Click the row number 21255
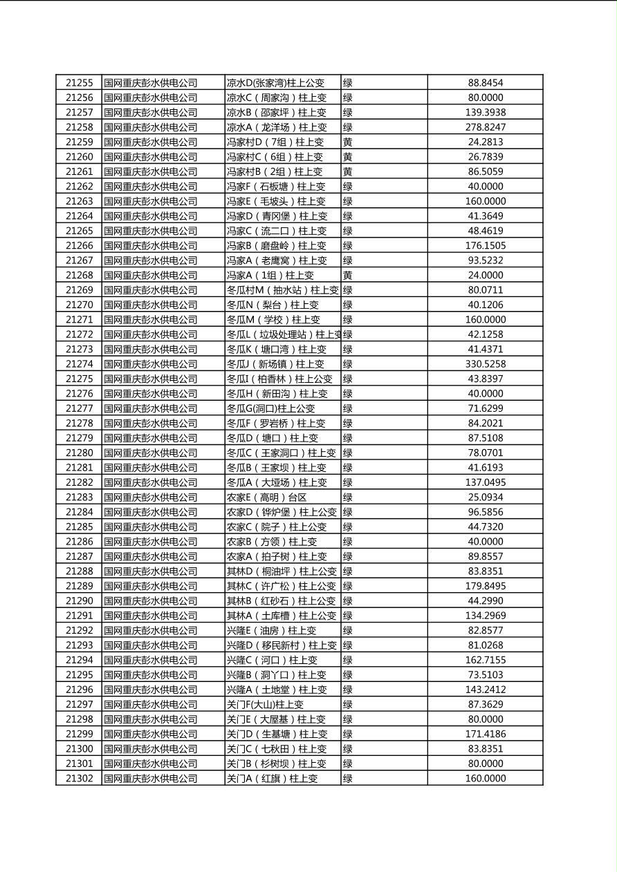pos(79,83)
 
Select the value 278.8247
pos(485,127)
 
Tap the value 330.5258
pos(485,364)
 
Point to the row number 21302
pos(79,779)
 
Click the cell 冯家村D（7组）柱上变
pos(275,142)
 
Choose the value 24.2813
pos(485,142)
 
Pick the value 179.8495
pos(485,586)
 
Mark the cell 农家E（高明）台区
pos(266,497)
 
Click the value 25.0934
pos(485,497)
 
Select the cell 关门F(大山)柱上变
pos(265,705)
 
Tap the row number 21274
pos(79,364)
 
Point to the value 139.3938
pos(485,113)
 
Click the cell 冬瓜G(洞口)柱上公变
pos(270,409)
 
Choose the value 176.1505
pos(485,246)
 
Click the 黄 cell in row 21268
pos(348,276)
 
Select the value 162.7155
pos(485,660)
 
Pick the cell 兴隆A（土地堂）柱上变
pos(277,690)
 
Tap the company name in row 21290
pos(150,601)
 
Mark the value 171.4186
pos(485,734)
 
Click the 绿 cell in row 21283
pos(348,497)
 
